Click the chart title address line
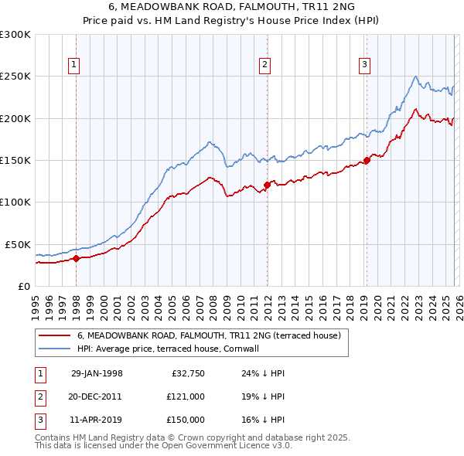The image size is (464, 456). [x=232, y=7]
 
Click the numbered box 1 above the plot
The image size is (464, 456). [x=75, y=66]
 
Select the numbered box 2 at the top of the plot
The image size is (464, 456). [x=264, y=66]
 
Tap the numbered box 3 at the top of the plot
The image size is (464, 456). [x=363, y=66]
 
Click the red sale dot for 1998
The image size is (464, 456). [x=77, y=259]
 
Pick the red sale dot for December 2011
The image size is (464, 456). [x=266, y=185]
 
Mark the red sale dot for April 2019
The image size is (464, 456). [x=367, y=160]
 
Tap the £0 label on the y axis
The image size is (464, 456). [x=23, y=286]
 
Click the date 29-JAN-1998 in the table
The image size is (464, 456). [x=97, y=373]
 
